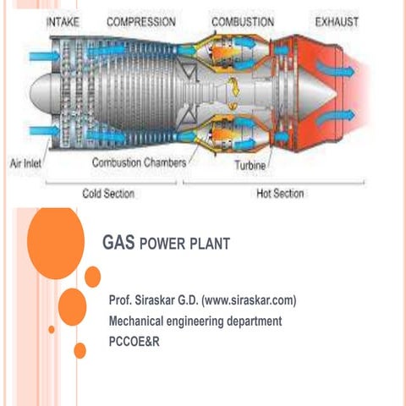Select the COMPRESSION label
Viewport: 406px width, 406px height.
click(x=142, y=20)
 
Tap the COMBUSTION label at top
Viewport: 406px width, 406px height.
click(x=243, y=20)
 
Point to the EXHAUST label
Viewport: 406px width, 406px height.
click(x=337, y=20)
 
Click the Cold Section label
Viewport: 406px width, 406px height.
click(x=108, y=193)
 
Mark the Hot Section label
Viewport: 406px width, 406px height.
click(x=280, y=193)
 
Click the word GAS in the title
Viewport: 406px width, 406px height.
click(x=117, y=244)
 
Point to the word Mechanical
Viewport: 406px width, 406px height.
click(x=141, y=321)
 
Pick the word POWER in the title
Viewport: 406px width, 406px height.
click(x=159, y=245)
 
